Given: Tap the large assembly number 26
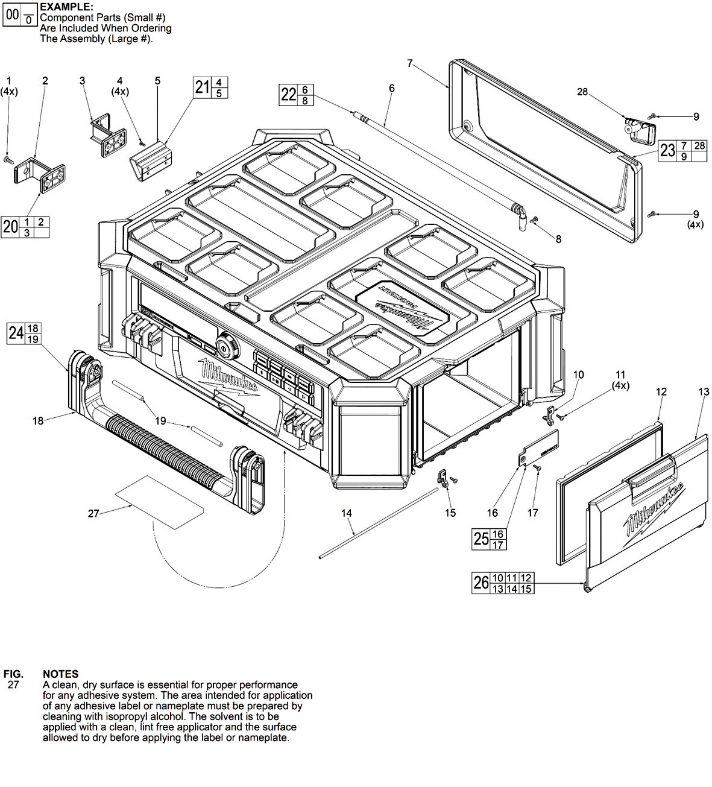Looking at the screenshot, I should pos(481,583).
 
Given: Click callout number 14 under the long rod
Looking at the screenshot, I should pos(346,513).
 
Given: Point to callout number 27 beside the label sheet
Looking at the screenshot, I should pos(93,514).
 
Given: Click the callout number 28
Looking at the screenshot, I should pos(582,92).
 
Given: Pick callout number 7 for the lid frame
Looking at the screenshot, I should pos(410,63).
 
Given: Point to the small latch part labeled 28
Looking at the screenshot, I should pos(640,132).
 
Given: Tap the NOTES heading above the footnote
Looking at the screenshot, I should pos(61,674).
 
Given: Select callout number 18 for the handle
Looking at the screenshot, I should pos(38,421).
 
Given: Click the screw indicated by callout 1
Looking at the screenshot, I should pos(8,160).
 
